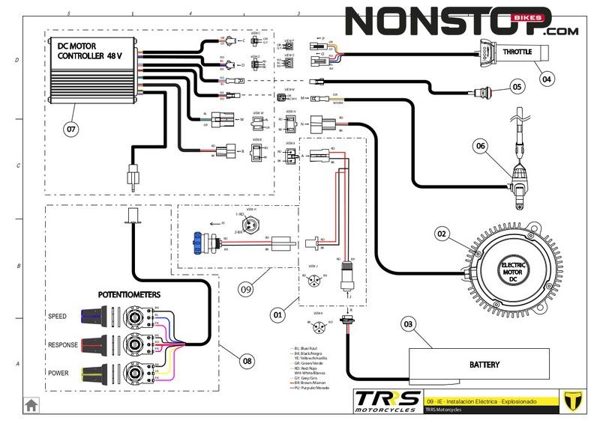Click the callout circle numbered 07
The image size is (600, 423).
[x=70, y=130]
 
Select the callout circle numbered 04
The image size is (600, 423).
[x=546, y=78]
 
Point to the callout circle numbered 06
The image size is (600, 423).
[x=481, y=146]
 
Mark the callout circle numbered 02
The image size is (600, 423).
[x=442, y=234]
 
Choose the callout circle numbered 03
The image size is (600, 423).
[x=409, y=324]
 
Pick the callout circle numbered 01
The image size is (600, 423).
[x=277, y=316]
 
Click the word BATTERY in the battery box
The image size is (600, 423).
[x=484, y=365]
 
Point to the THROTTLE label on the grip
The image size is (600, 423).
[x=518, y=52]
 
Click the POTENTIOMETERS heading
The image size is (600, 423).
[x=129, y=295]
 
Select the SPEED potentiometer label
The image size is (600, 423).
[x=57, y=316]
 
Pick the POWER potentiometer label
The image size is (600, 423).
[x=58, y=373]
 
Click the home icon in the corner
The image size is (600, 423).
[x=31, y=405]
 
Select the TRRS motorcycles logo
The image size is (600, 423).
[x=387, y=401]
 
